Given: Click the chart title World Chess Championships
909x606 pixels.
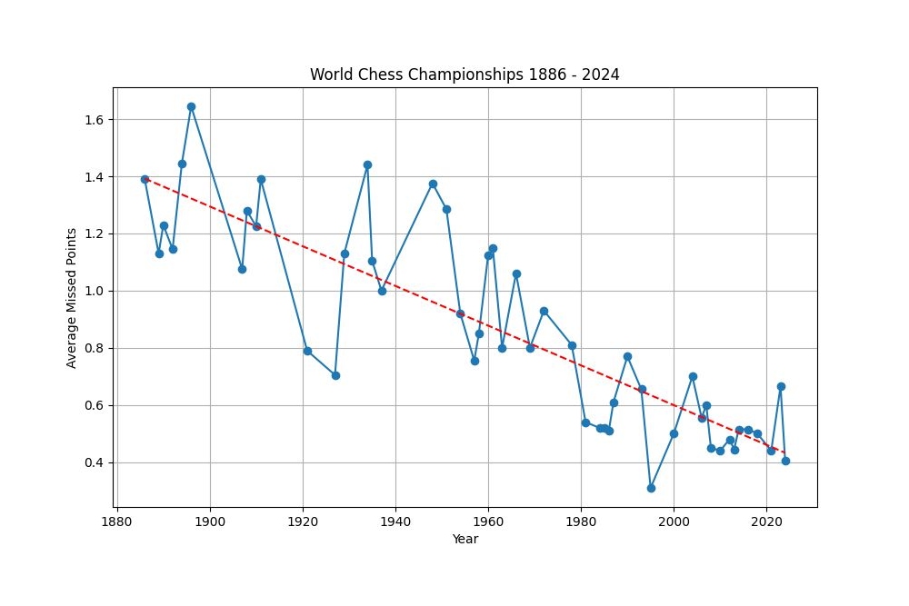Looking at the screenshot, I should (x=464, y=75).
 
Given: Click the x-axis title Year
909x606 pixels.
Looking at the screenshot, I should (x=464, y=539).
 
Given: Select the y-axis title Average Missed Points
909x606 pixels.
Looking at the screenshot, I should (x=72, y=297).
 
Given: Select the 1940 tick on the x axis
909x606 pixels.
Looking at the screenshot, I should (x=395, y=522).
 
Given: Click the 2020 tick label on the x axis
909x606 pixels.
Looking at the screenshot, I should (x=766, y=522).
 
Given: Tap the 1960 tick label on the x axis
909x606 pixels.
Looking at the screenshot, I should (x=488, y=522).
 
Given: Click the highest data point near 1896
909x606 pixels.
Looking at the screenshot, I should (x=191, y=106).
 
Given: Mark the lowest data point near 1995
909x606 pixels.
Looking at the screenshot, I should (x=651, y=488).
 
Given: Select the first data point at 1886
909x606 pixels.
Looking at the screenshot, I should (x=145, y=179).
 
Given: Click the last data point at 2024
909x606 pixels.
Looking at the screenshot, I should (x=785, y=461).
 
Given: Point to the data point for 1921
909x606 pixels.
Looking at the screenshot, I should (x=307, y=351).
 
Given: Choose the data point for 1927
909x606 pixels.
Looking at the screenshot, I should (x=335, y=375).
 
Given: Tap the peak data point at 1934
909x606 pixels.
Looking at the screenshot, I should (x=367, y=164).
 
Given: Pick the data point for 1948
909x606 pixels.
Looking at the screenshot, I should (x=433, y=184).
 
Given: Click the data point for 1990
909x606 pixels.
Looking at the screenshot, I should (x=627, y=356).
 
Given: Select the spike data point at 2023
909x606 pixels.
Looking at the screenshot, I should (x=781, y=386).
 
